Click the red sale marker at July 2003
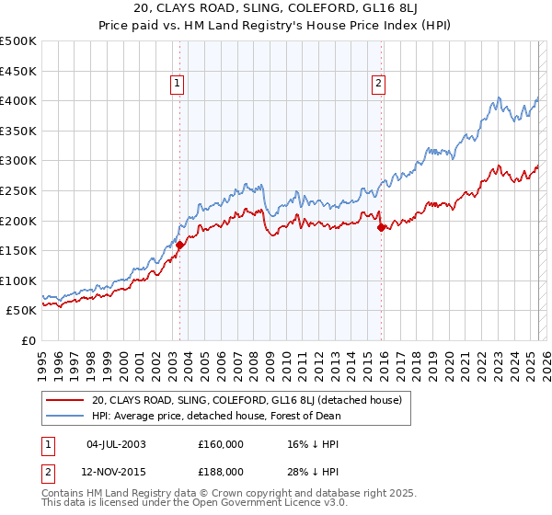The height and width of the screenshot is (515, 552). tap(180, 245)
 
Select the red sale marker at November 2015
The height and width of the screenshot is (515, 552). tap(381, 228)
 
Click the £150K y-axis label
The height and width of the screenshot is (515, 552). tap(19, 250)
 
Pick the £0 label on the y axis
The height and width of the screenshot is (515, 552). tap(29, 340)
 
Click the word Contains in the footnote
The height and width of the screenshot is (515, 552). tap(64, 496)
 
